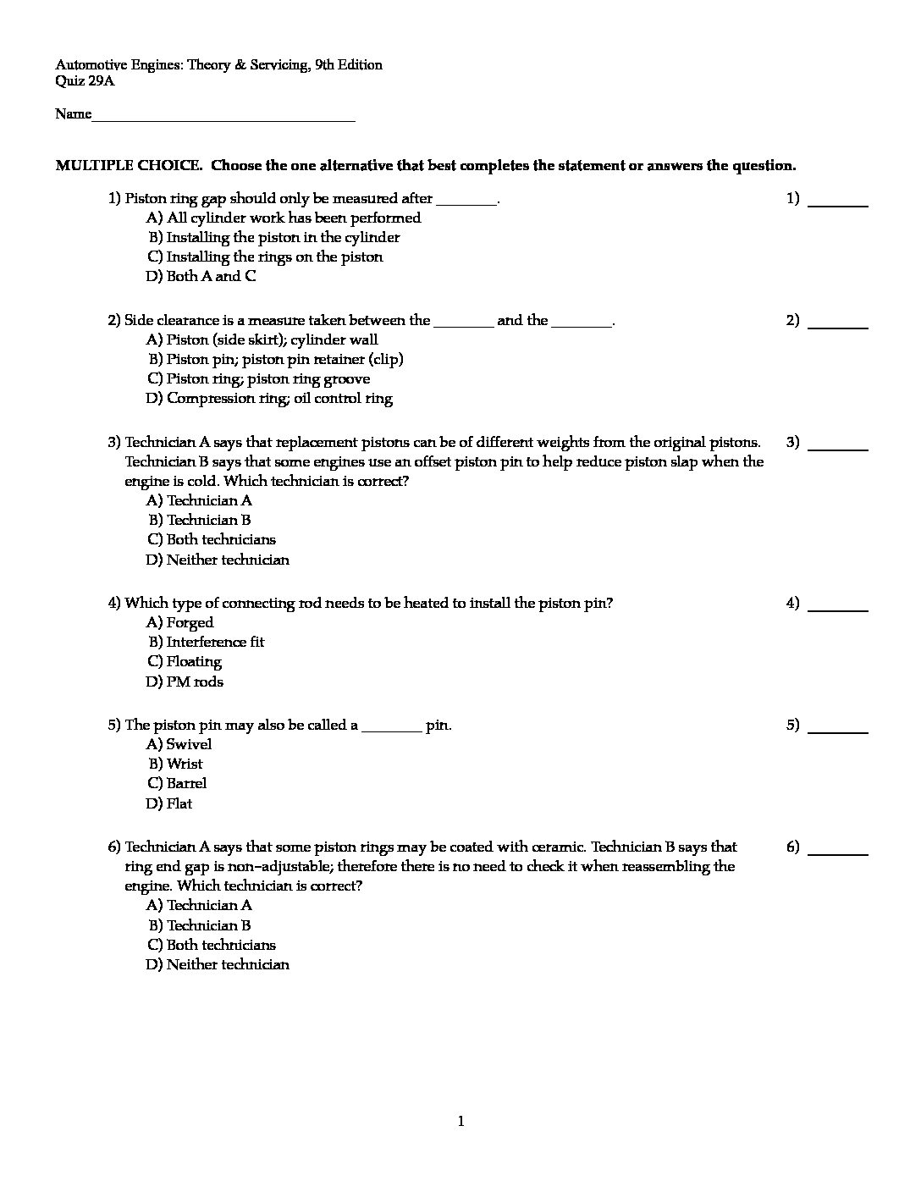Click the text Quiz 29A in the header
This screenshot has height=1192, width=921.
tap(85, 81)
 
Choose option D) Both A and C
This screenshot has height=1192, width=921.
tap(201, 276)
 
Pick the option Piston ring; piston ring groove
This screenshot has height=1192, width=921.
tap(258, 378)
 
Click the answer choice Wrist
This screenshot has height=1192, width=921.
tap(176, 764)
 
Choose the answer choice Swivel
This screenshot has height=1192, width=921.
tap(179, 744)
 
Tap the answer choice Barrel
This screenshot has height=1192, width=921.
tap(177, 783)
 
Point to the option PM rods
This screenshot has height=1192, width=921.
tap(185, 682)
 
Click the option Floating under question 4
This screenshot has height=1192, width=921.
tap(185, 661)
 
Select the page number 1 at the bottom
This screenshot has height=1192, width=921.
tap(460, 1122)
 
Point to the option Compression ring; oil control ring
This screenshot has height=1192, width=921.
tap(269, 398)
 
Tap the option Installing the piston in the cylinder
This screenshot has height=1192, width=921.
tap(273, 237)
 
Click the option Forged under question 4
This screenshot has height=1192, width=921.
tap(179, 622)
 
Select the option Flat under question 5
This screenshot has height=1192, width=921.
tap(169, 803)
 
